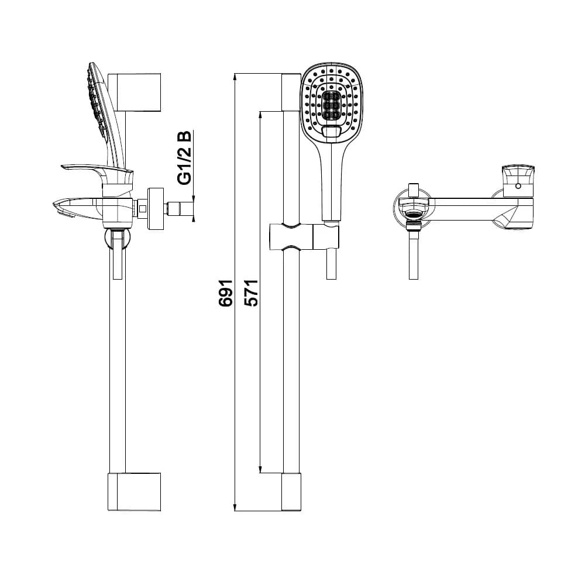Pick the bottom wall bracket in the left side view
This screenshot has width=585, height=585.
coord(135,491)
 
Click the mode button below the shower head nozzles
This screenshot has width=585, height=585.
coord(332,133)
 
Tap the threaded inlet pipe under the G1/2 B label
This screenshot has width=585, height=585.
coord(180,208)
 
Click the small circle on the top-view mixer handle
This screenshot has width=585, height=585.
coord(518,186)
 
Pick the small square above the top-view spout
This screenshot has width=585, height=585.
coord(414,189)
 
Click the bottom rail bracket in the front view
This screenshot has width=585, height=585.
coord(291,491)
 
